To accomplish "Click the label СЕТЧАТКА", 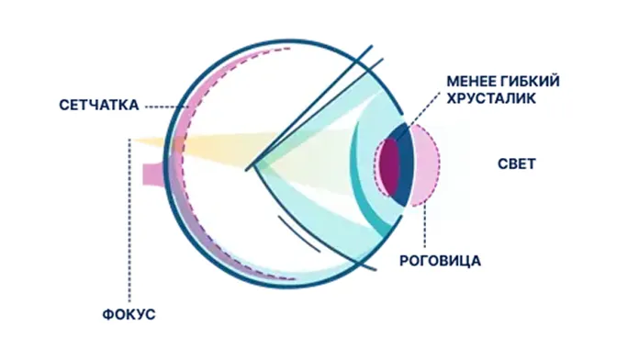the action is (99, 106).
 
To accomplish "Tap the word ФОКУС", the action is (129, 314).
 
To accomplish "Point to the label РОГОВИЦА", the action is (440, 261).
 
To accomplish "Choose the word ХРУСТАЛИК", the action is (491, 98).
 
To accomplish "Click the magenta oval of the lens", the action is (389, 167).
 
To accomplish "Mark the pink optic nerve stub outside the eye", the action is (153, 174).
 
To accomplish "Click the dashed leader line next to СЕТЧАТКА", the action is (165, 107).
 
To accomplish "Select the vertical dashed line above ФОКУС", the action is (129, 220).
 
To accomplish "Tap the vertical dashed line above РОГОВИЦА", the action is (425, 226).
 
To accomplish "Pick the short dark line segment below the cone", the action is (299, 233).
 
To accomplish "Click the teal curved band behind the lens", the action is (364, 179).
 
